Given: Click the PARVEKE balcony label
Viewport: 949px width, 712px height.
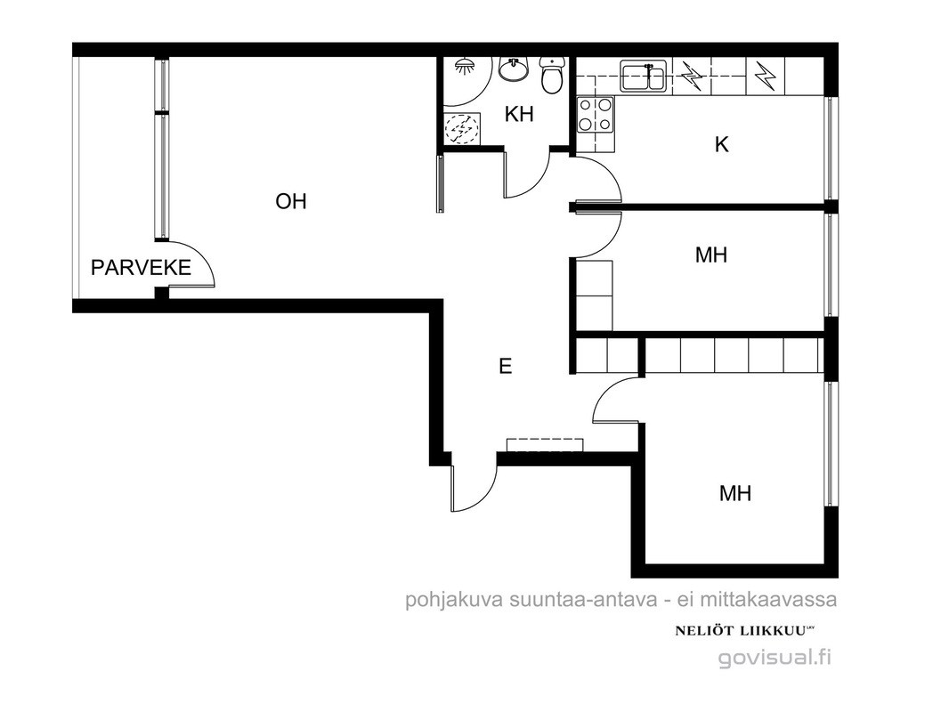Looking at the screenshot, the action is (141, 267).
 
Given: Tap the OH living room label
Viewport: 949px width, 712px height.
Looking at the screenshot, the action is (291, 201).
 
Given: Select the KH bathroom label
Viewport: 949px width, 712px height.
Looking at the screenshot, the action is (519, 114).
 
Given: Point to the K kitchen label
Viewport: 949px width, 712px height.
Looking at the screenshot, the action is (721, 144).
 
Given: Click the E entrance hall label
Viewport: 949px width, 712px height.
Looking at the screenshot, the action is (506, 366).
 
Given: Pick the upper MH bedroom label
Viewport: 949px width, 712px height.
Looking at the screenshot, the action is (711, 255).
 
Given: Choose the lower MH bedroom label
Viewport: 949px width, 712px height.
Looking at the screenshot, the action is (735, 494).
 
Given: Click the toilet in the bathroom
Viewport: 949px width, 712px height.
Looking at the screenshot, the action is (552, 75).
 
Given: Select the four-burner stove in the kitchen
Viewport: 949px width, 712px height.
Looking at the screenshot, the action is (595, 115).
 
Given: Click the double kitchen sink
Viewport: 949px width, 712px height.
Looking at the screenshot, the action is (644, 76).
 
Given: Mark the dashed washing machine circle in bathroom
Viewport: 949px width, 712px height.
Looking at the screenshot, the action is (462, 128).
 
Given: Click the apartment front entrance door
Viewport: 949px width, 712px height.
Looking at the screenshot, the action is (474, 484).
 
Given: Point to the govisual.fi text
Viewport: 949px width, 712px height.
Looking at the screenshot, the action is (775, 657).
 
